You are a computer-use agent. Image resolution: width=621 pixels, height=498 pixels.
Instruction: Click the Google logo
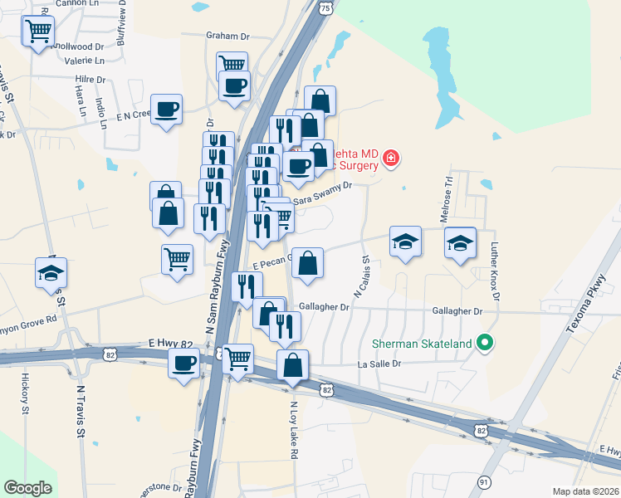click(27, 488)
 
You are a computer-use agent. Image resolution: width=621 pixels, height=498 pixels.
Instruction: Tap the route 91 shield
click(485, 481)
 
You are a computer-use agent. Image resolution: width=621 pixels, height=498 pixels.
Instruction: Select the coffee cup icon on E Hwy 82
click(183, 361)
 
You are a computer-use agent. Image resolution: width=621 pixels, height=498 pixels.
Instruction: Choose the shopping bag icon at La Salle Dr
click(293, 364)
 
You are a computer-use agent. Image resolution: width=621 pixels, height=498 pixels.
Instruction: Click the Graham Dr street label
click(227, 37)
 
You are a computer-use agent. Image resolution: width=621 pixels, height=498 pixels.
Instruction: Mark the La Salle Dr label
click(379, 364)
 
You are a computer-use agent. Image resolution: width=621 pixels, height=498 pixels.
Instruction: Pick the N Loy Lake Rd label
click(293, 431)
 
